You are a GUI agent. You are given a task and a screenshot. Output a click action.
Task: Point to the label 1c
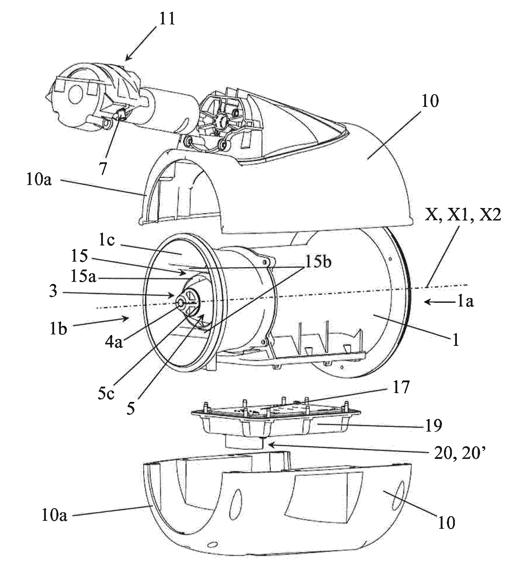108,243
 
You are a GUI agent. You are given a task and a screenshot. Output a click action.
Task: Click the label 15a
83,277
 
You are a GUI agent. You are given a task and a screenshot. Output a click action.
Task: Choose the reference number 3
53,292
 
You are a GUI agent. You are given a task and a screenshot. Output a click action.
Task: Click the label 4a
114,342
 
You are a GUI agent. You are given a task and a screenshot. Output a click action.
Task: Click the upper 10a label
39,180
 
